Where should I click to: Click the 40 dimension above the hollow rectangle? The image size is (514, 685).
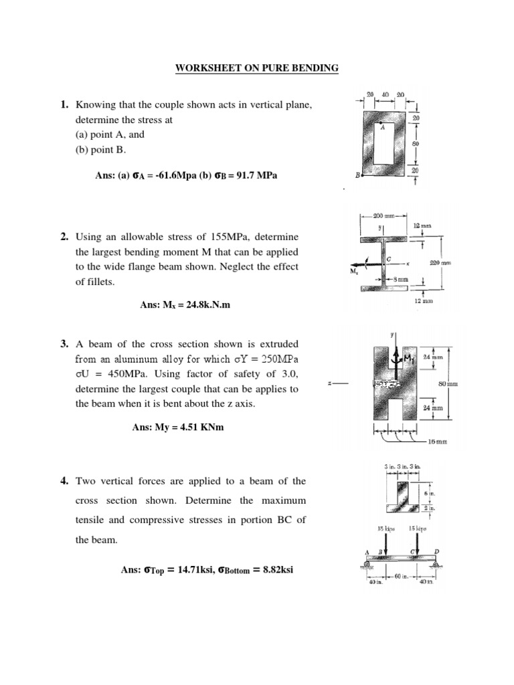(x=385, y=95)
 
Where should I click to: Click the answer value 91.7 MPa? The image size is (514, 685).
(x=254, y=175)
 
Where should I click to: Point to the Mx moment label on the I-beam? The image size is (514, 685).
(x=354, y=272)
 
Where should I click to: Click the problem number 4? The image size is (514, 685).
(x=64, y=481)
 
